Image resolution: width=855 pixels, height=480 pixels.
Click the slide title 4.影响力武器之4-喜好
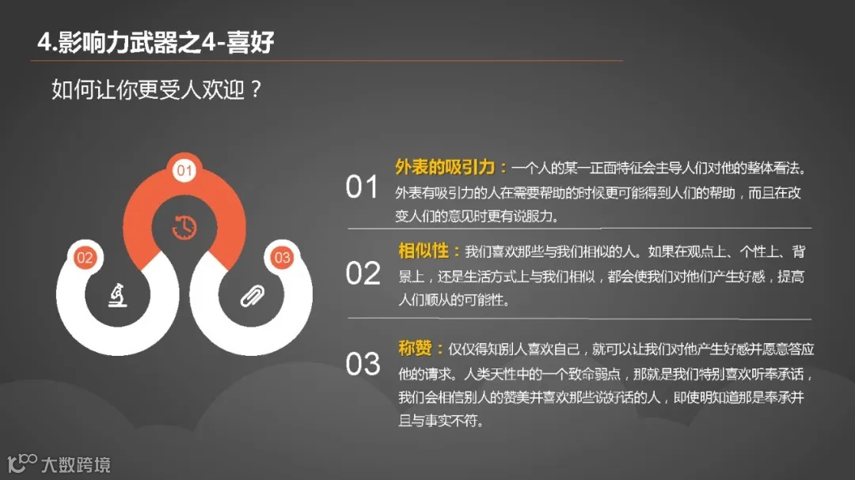click(x=156, y=42)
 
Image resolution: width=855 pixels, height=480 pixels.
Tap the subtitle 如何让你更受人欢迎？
click(x=157, y=89)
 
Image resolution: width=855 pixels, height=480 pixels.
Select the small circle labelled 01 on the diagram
click(x=184, y=170)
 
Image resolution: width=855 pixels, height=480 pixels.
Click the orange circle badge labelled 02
click(x=85, y=257)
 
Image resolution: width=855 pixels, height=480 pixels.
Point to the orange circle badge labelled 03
click(x=282, y=257)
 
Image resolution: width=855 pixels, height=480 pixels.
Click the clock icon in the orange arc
click(x=184, y=227)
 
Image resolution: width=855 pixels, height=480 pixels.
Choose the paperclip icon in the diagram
click(x=252, y=296)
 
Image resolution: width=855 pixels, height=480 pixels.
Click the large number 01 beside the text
click(x=363, y=188)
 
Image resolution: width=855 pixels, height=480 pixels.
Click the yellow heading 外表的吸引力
click(x=446, y=167)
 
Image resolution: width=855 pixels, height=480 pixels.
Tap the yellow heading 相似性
click(x=424, y=251)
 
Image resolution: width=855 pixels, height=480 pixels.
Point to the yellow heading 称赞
click(x=416, y=348)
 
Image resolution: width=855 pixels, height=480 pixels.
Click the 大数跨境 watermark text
click(x=76, y=465)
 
